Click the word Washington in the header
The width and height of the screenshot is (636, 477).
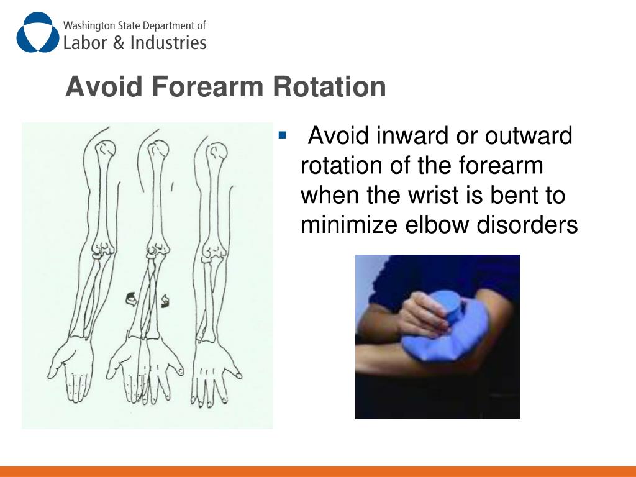click(x=86, y=26)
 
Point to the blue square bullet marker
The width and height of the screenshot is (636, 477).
click(x=283, y=135)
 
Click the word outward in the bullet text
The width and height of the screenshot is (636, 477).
click(x=529, y=135)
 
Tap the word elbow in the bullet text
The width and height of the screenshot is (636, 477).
click(x=440, y=225)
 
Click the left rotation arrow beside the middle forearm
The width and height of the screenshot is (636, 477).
click(x=132, y=299)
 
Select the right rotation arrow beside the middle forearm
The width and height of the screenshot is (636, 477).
click(x=166, y=302)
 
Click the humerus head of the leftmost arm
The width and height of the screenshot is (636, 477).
click(x=106, y=148)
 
